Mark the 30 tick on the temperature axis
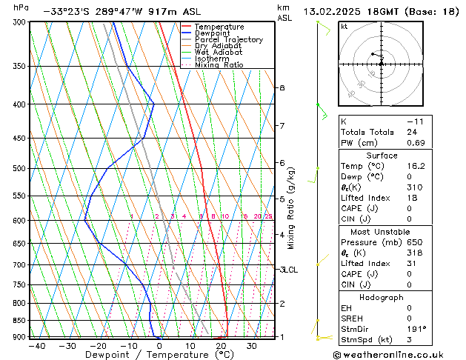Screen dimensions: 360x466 pyautogui.click(x=251, y=345)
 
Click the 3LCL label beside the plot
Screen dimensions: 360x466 pyautogui.click(x=288, y=270)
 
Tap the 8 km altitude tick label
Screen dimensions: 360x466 pyautogui.click(x=282, y=87)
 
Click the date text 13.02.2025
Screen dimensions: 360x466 pyautogui.click(x=331, y=11)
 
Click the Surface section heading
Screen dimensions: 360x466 pyautogui.click(x=382, y=156)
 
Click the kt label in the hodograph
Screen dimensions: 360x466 pyautogui.click(x=344, y=26)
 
